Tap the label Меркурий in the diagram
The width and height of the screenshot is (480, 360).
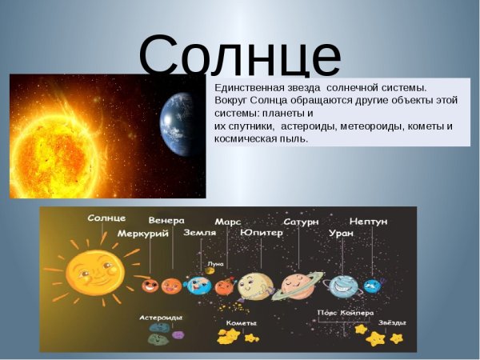click(x=142, y=234)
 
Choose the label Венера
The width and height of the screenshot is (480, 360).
click(x=166, y=220)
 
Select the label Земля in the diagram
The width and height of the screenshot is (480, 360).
click(x=199, y=234)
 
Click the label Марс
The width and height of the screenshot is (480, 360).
click(x=228, y=221)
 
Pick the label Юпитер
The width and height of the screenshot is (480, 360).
click(x=261, y=234)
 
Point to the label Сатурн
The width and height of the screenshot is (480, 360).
click(x=302, y=221)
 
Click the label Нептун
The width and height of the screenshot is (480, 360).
click(x=368, y=220)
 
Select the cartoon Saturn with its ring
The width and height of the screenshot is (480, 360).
click(x=298, y=284)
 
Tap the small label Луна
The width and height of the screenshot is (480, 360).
click(x=215, y=263)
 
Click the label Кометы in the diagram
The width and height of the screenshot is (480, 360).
click(x=241, y=322)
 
